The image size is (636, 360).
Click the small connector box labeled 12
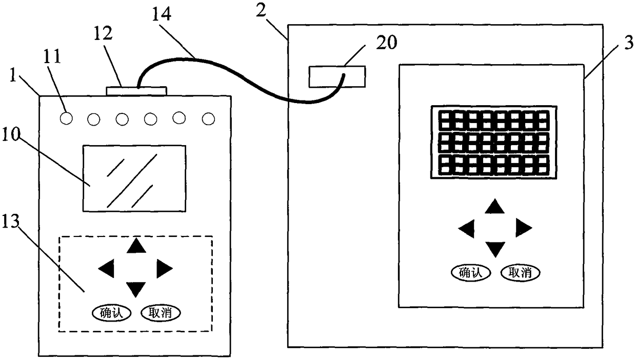coord(136,91)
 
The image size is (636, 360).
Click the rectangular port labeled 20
coord(337,76)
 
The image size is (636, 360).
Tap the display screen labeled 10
coord(134,177)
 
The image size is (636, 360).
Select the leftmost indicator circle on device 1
coord(66,118)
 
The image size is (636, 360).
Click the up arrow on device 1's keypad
coord(136,246)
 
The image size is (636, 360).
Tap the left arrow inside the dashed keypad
coord(106,267)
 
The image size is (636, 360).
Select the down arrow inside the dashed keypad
coord(136,289)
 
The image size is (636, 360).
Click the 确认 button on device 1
coord(111,312)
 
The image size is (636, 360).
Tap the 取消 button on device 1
coord(160,312)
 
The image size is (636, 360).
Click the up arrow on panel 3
coord(495,207)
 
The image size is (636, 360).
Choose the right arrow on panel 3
coord(523,227)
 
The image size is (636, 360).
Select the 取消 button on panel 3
coord(520,272)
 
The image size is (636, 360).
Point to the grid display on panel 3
coord(494,142)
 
